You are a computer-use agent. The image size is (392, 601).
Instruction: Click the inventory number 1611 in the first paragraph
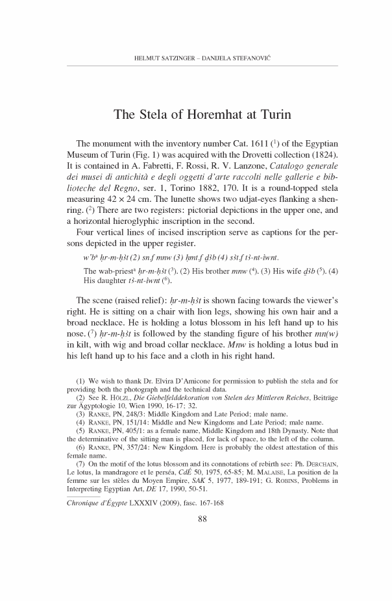click(x=259, y=144)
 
